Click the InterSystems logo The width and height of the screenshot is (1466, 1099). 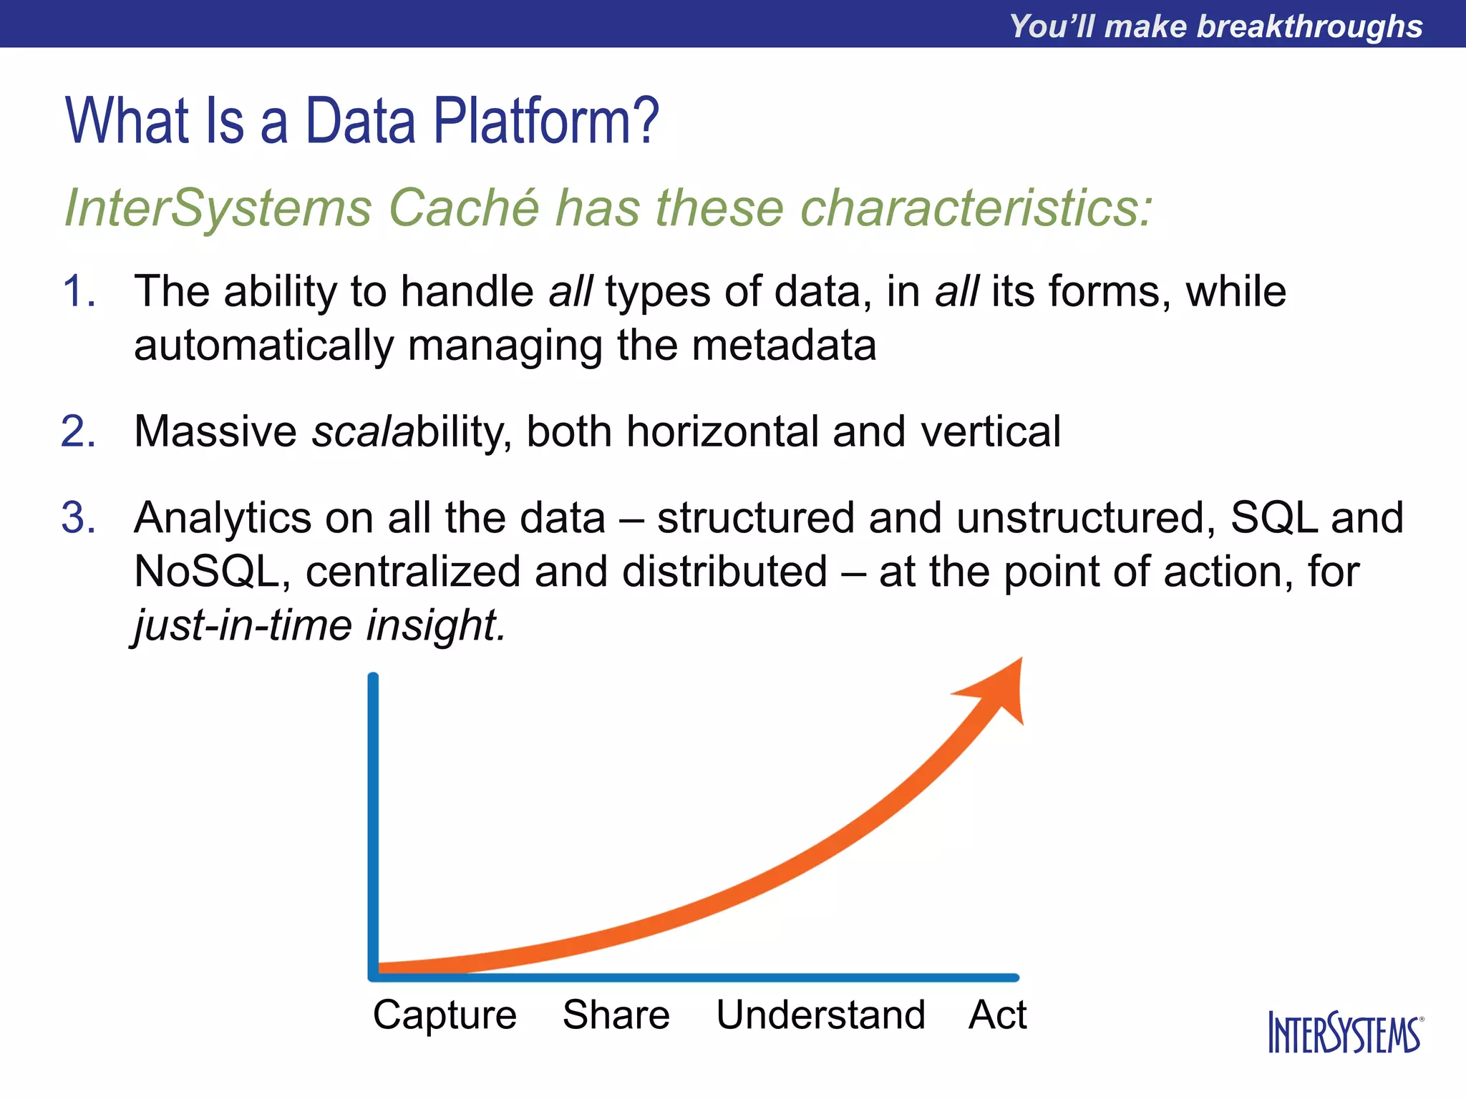(1345, 1032)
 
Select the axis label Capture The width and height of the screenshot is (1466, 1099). (445, 1015)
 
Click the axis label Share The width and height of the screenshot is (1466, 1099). (616, 1015)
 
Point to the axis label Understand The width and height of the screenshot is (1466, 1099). (820, 1015)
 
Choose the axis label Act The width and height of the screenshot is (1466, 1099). (997, 1015)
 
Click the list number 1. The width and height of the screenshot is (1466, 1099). (78, 292)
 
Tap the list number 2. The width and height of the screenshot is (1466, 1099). (78, 432)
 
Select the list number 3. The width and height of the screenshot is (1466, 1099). (78, 518)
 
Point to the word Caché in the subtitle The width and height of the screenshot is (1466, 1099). (464, 208)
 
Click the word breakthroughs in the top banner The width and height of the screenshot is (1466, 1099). (1309, 26)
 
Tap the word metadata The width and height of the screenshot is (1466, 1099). (784, 346)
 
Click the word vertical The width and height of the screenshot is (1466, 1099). (990, 432)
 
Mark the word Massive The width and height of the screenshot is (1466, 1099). (215, 432)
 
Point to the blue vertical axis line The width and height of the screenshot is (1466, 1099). (373, 823)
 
